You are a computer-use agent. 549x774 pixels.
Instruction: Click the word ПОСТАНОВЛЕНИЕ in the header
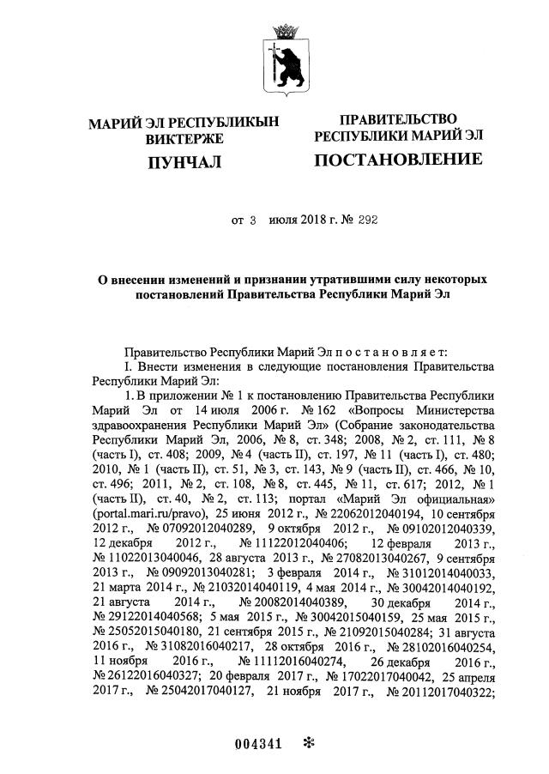pos(398,160)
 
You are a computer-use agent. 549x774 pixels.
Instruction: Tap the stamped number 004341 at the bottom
pos(258,744)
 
